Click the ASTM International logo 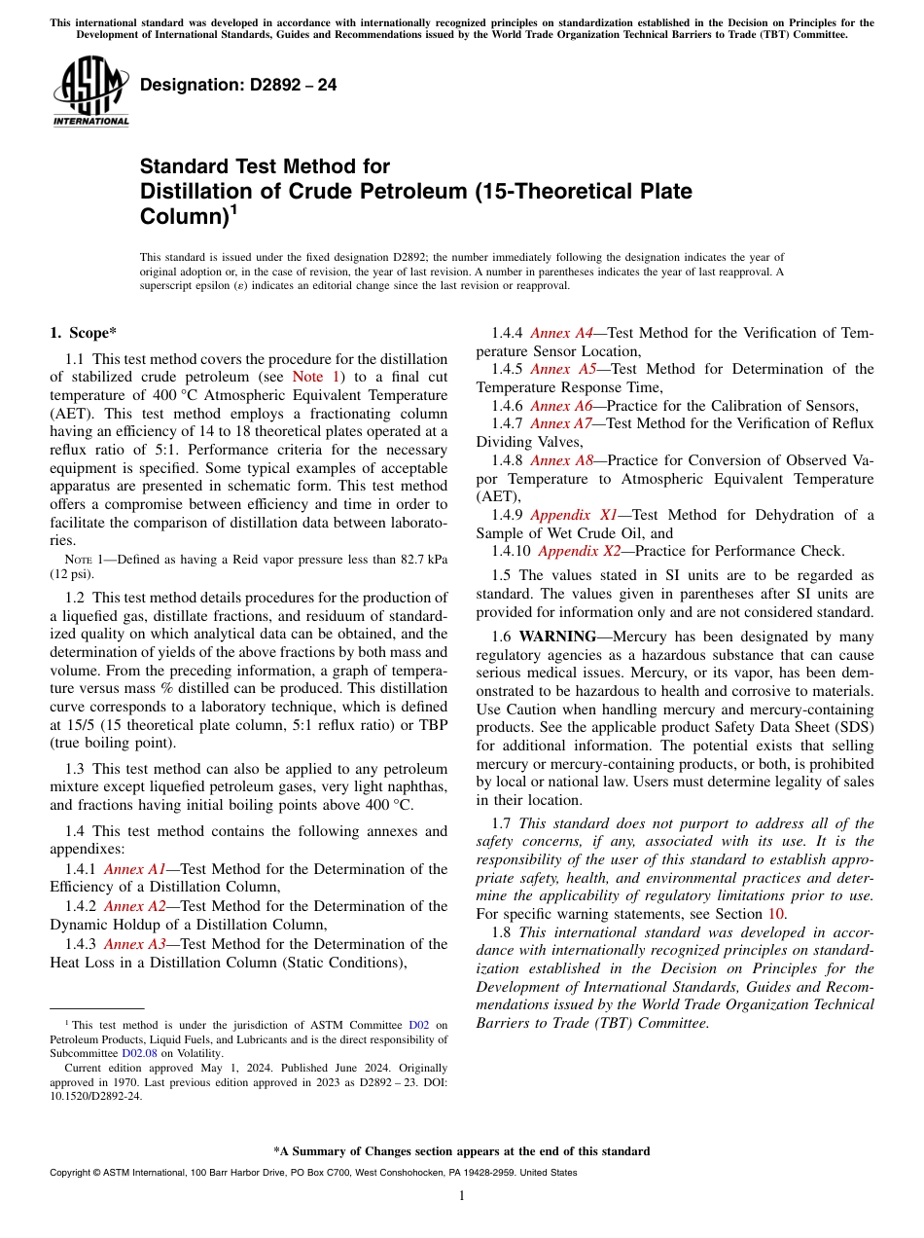[89, 92]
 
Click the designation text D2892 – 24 [238, 85]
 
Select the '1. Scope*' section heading [84, 333]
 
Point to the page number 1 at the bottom [462, 1196]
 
